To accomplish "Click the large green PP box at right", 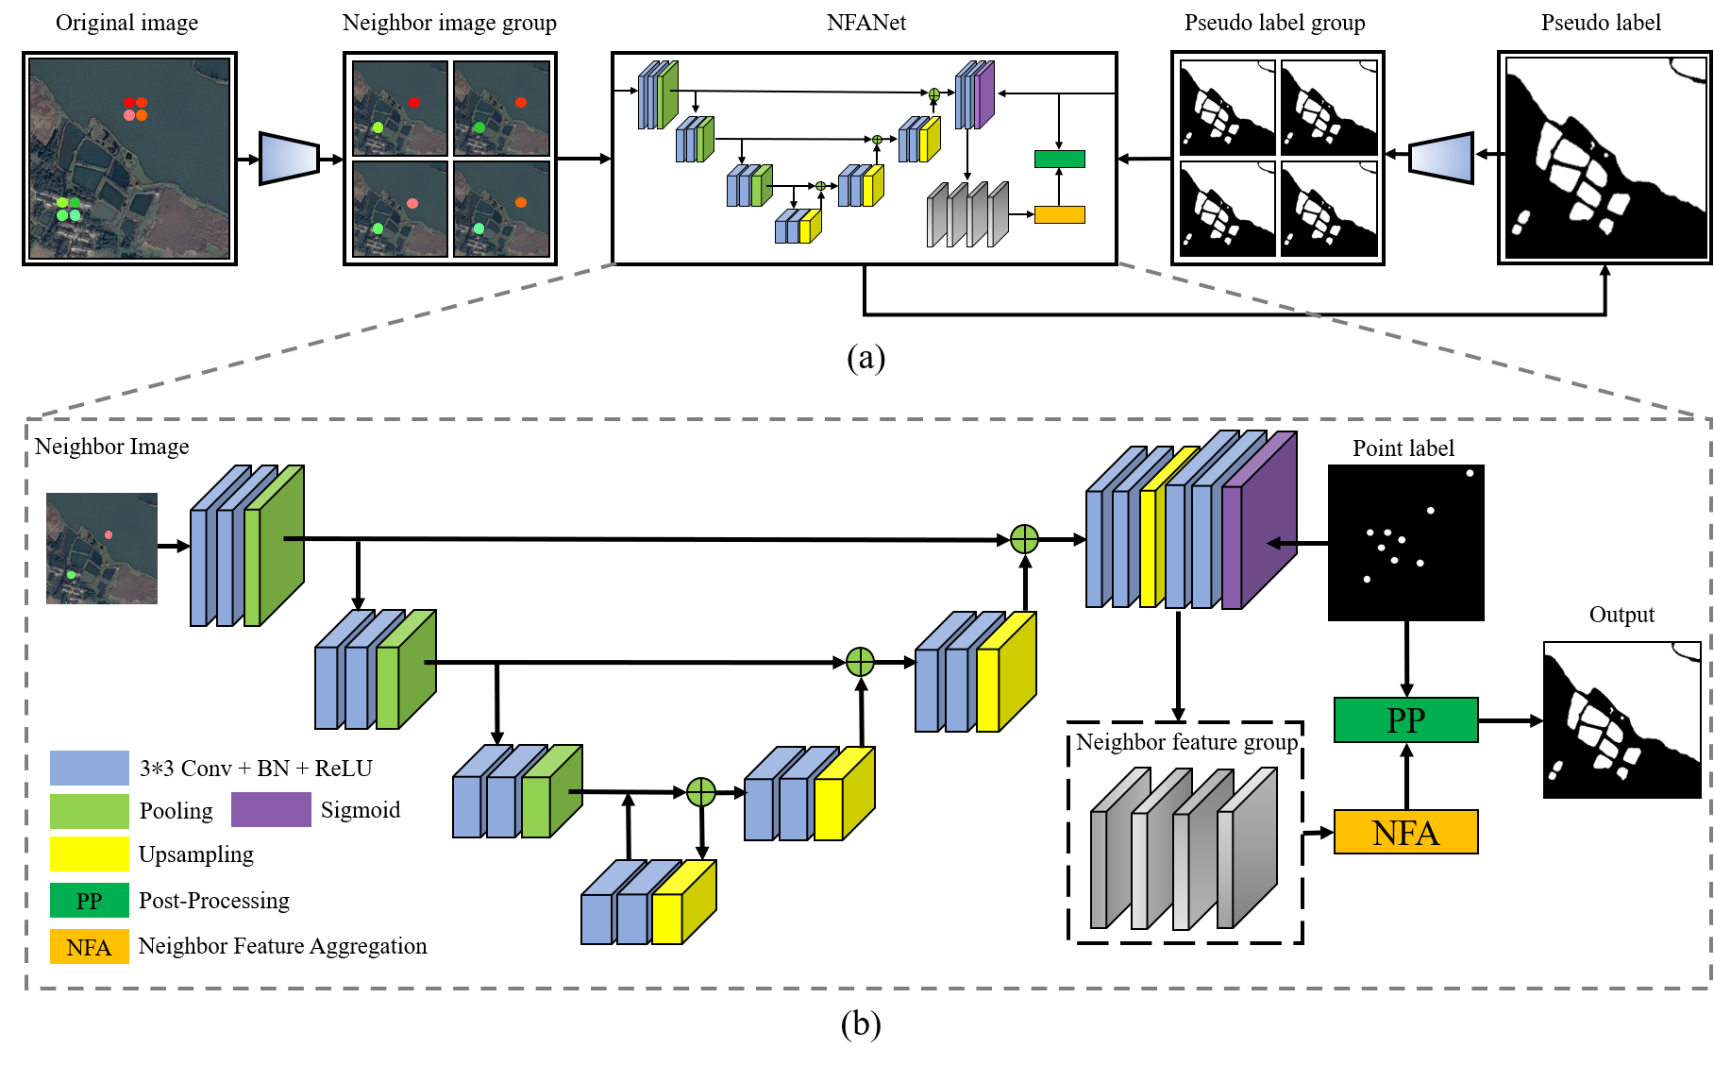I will [1405, 719].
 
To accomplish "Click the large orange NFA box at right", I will [1405, 832].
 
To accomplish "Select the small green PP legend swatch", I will [89, 901].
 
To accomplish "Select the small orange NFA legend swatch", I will [89, 947].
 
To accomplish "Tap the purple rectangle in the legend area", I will [271, 809].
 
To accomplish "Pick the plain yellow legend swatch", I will [89, 854].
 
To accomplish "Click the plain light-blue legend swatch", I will [89, 768].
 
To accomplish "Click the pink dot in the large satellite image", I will [129, 115].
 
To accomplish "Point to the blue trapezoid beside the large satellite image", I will [289, 159].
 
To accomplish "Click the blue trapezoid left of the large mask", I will [1441, 158].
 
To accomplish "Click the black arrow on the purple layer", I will [1280, 543].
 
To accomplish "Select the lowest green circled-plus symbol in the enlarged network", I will [701, 792].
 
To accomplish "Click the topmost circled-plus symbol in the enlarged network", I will [1024, 539].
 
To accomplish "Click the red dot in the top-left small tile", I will [414, 102].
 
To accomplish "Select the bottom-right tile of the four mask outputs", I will [1329, 198].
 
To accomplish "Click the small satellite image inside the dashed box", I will [102, 548].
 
